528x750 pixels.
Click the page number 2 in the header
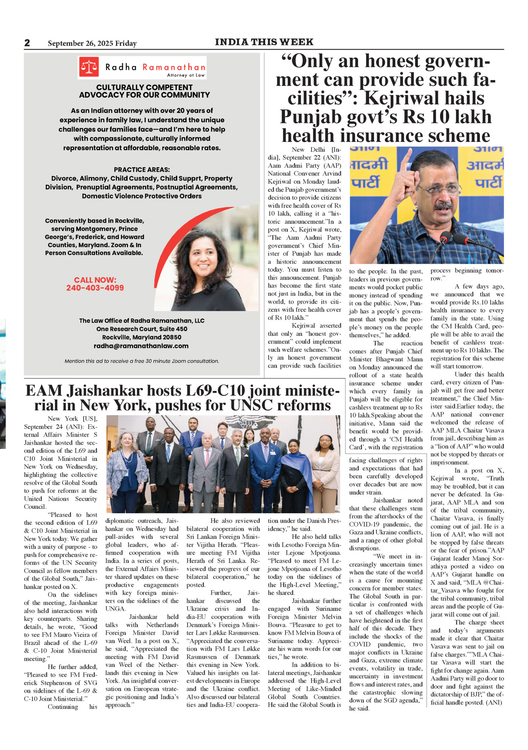(x=27, y=43)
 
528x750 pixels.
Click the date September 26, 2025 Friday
(x=92, y=43)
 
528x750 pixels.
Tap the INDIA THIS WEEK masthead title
(x=264, y=42)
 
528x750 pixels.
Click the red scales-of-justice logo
(x=89, y=67)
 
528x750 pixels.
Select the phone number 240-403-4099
(x=95, y=288)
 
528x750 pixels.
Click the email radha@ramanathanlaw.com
(x=141, y=346)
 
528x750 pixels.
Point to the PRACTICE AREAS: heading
(x=142, y=170)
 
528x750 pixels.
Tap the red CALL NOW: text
(x=95, y=280)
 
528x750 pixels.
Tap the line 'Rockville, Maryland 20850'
(x=142, y=337)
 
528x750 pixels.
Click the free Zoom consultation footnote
(x=142, y=361)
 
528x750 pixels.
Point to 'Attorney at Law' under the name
(x=186, y=75)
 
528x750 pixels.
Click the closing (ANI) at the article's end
(x=494, y=702)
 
